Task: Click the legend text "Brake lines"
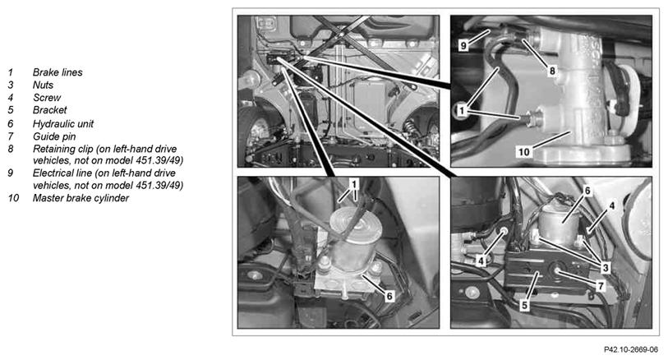[58, 72]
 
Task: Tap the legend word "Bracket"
[50, 110]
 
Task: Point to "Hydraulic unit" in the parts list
[63, 124]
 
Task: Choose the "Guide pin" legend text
[54, 136]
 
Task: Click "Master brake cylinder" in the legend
[81, 198]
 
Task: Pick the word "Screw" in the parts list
[47, 98]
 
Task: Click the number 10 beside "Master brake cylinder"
[13, 198]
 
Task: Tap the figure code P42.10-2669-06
[630, 350]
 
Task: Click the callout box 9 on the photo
[463, 45]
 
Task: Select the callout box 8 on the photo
[551, 71]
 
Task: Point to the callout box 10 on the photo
[523, 152]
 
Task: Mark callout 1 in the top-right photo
[461, 111]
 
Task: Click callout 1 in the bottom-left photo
[353, 184]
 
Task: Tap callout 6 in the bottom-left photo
[389, 296]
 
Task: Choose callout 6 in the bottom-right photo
[587, 191]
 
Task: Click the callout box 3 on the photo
[605, 268]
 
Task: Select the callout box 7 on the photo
[601, 285]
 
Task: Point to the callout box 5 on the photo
[524, 305]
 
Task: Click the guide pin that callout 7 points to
[557, 270]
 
